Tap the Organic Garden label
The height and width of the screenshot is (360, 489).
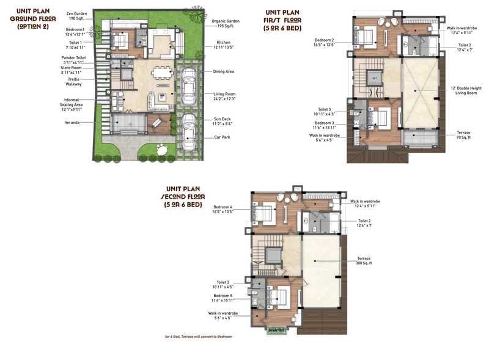(226, 23)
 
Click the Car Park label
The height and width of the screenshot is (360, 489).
(222, 137)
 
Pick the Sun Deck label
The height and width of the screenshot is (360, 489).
(222, 122)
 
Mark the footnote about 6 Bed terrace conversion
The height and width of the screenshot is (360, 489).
(198, 337)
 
